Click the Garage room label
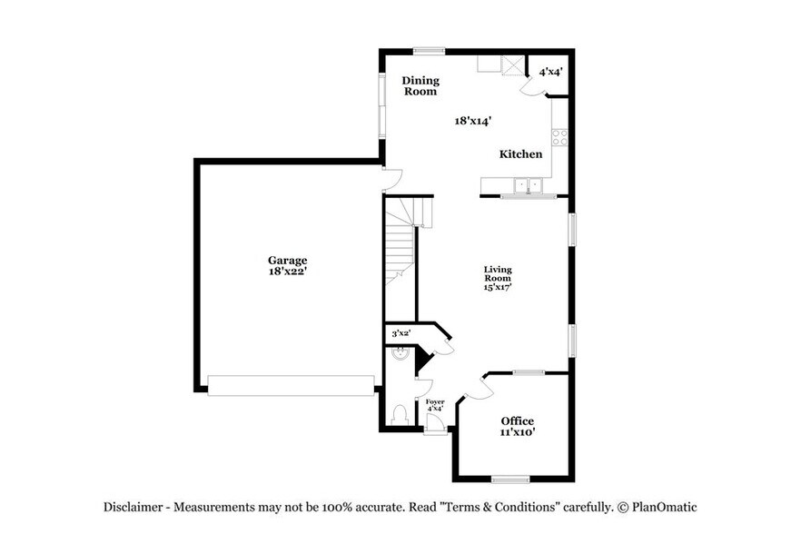click(x=287, y=259)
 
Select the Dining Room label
click(x=420, y=86)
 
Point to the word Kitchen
click(x=520, y=154)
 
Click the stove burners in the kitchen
click(x=560, y=138)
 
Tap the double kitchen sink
click(x=527, y=186)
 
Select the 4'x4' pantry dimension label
click(x=551, y=71)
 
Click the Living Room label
click(x=498, y=273)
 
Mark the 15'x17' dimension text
click(x=498, y=287)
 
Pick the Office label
click(x=518, y=420)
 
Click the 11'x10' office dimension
click(x=518, y=432)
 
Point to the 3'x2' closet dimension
click(x=400, y=333)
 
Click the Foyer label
click(x=435, y=400)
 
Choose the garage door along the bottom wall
click(x=291, y=386)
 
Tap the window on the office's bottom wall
click(x=509, y=479)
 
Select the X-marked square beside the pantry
click(x=514, y=64)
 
